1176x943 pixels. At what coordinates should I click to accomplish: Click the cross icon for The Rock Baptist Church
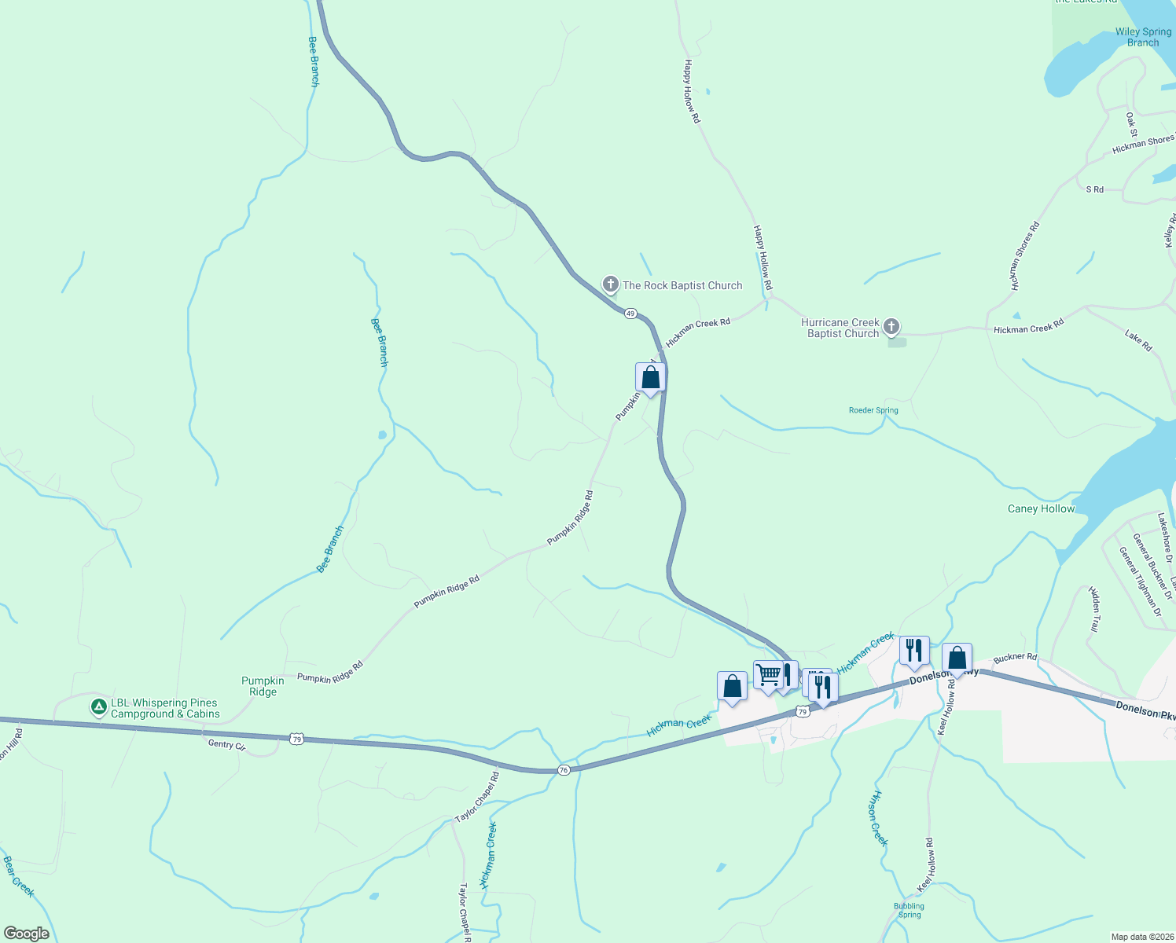(x=611, y=284)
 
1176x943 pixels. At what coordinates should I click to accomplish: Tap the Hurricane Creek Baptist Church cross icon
(x=891, y=326)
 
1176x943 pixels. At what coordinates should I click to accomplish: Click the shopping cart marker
(x=768, y=675)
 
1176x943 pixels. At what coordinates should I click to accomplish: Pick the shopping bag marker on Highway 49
(x=650, y=377)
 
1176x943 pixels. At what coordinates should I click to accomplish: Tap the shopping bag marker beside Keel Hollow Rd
(x=957, y=658)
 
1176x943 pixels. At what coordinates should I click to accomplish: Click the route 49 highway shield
(x=630, y=314)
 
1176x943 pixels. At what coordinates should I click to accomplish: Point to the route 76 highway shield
(x=564, y=770)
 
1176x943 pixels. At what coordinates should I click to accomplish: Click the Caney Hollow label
(x=1041, y=509)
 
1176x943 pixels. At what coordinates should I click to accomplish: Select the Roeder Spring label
(x=873, y=410)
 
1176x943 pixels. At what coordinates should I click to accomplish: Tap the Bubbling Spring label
(x=909, y=910)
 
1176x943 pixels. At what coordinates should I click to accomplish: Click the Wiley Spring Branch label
(x=1143, y=37)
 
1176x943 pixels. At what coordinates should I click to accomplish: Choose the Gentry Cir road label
(x=226, y=745)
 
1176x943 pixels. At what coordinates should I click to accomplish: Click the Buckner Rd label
(x=1015, y=657)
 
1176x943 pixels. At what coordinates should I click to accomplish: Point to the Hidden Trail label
(x=1093, y=609)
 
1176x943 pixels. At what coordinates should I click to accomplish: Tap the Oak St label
(x=1131, y=124)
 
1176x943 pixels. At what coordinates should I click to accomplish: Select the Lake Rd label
(x=1138, y=341)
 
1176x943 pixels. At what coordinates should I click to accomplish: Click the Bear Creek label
(x=18, y=876)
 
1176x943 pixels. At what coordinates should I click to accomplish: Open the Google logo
(x=27, y=933)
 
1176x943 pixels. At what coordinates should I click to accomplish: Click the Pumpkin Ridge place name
(x=263, y=686)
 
